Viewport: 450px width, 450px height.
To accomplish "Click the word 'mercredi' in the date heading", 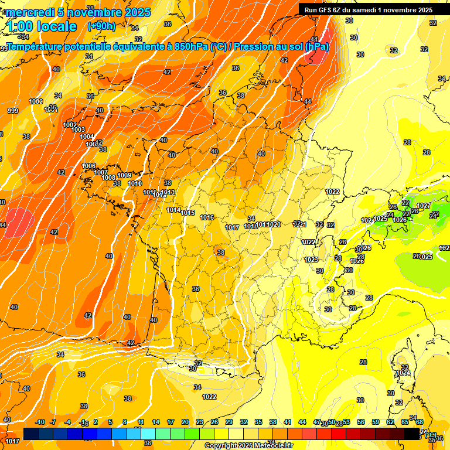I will pos(29,12).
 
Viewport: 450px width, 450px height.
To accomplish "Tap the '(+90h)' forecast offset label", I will pos(101,26).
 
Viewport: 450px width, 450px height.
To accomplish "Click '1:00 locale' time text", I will pos(42,26).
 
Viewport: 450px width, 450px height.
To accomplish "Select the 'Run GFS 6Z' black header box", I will pos(368,9).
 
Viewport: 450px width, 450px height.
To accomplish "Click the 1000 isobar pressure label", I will pos(36,101).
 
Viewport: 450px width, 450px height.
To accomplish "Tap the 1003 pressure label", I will pos(78,129).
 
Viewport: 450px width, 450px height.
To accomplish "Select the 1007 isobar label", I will pos(101,172).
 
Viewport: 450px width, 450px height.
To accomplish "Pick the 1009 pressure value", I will pos(124,175).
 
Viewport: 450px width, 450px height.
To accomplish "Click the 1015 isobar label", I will pos(188,213).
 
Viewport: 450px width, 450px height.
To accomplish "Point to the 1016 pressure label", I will pos(207,217).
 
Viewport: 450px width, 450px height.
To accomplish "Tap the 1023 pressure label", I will pos(311,260).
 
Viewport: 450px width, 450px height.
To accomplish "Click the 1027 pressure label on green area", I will pos(424,206).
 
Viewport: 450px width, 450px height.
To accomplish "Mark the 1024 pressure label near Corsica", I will pos(403,373).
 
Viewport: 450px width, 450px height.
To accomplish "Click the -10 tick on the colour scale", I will pos(40,422).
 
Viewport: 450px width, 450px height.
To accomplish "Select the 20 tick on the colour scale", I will pos(185,422).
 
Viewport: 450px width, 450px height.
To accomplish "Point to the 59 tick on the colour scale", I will pos(376,422).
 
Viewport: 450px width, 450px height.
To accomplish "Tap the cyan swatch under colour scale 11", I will pos(148,434).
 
